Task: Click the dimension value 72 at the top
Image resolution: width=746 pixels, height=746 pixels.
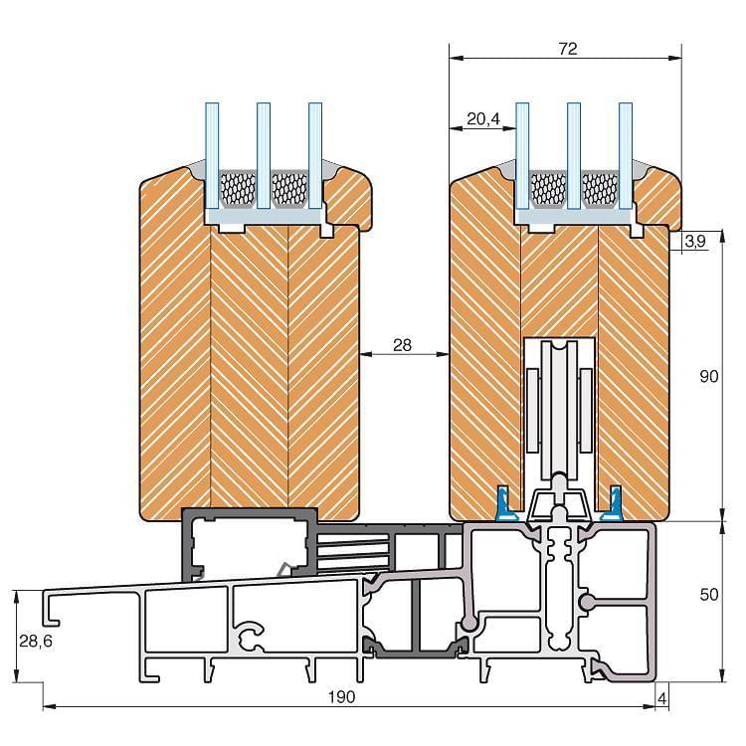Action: (568, 49)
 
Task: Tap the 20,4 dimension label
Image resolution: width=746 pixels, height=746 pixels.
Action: (482, 119)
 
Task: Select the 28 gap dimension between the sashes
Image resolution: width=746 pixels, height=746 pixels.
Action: (402, 345)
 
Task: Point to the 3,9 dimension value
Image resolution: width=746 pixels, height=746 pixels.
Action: (695, 242)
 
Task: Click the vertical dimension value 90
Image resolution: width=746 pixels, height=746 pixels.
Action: (709, 376)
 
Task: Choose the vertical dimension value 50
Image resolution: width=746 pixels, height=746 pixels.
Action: (709, 594)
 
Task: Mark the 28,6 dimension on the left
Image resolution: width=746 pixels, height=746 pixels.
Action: (36, 642)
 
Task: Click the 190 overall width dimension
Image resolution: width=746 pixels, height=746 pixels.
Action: (341, 697)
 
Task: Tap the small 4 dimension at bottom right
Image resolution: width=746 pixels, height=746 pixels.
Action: (661, 698)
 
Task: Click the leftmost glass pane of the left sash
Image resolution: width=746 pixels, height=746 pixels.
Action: (212, 156)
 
